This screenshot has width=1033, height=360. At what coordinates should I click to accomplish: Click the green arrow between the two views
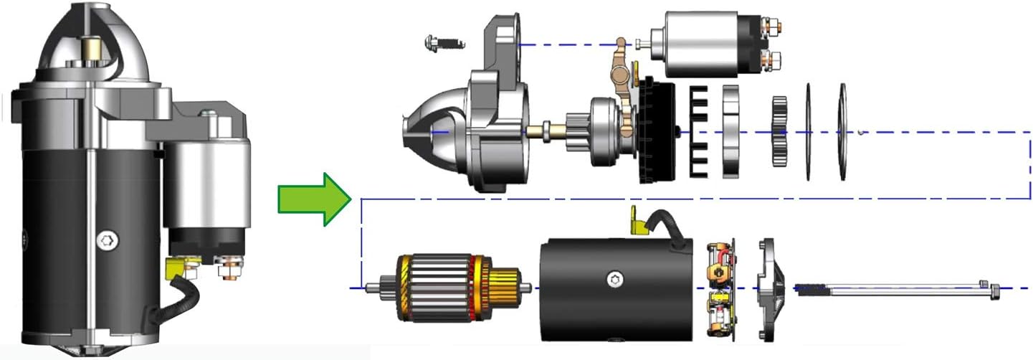coord(313,199)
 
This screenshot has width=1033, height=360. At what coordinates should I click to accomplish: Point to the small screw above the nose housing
coord(440,42)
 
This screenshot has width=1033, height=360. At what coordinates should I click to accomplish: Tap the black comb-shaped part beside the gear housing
coord(698,131)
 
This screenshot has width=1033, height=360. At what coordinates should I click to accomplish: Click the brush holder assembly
coord(720,287)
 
